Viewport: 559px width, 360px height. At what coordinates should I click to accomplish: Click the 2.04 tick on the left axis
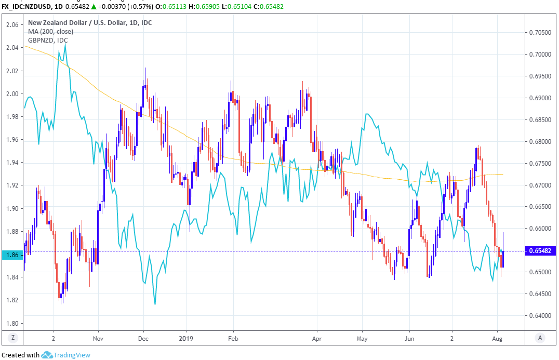pos(12,48)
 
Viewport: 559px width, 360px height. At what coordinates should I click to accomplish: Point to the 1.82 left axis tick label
pos(12,300)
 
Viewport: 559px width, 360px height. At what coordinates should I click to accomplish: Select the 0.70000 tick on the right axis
pos(540,54)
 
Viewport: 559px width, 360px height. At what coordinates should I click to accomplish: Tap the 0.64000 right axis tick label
pos(540,315)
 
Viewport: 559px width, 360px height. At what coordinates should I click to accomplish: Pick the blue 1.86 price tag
pos(12,255)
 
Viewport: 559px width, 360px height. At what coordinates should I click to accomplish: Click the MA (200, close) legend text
pos(50,31)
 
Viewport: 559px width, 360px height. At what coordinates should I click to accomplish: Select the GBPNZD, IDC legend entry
pos(48,40)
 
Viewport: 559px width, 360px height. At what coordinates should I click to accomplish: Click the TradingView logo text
pos(73,355)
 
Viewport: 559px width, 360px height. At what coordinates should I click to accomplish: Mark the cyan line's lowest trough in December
pos(155,304)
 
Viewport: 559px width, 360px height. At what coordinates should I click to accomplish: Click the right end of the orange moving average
pos(502,174)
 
